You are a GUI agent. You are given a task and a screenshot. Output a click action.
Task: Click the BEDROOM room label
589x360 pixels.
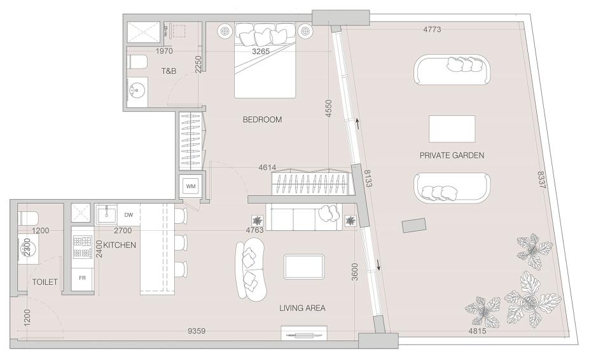click(x=262, y=120)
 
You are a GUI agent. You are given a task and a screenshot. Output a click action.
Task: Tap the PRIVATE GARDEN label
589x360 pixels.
click(x=452, y=155)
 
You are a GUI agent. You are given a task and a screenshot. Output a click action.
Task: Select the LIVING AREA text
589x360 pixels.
click(x=302, y=308)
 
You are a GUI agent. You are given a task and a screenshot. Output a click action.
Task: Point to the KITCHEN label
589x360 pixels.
click(x=120, y=245)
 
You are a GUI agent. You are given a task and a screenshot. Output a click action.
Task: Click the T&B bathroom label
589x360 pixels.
click(x=169, y=71)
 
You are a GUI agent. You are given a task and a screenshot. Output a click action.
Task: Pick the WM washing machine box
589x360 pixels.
click(x=191, y=186)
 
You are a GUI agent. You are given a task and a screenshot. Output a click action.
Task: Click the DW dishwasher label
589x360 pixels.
click(x=128, y=215)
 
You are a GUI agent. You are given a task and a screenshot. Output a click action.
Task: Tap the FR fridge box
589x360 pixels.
click(x=82, y=278)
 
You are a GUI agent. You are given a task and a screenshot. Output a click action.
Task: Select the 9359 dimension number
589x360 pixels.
click(x=197, y=331)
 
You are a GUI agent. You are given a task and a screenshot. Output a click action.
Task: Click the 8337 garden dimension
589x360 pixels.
click(x=541, y=180)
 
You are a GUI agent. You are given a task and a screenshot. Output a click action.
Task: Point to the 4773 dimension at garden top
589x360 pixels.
click(x=432, y=29)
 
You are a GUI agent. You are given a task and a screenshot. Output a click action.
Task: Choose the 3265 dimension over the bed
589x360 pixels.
click(x=261, y=52)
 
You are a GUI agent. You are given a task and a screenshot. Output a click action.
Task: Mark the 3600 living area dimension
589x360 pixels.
click(x=354, y=272)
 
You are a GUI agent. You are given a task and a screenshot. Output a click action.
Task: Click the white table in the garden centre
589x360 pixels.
click(x=452, y=129)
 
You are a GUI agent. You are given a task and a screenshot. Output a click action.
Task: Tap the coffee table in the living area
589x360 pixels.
click(x=304, y=267)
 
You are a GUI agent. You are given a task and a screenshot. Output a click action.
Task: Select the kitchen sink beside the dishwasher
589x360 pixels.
click(x=106, y=214)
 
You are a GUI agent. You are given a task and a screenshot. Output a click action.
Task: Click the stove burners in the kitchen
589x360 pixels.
click(x=83, y=247)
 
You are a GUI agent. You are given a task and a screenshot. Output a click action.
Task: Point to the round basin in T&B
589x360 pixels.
click(x=136, y=90)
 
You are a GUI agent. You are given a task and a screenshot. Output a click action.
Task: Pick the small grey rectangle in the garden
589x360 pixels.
click(x=414, y=225)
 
